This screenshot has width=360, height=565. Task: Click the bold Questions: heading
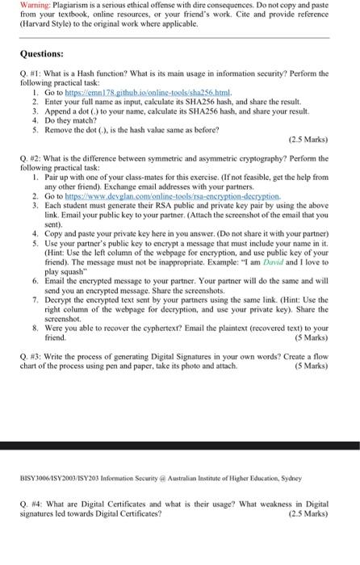coord(44,54)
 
